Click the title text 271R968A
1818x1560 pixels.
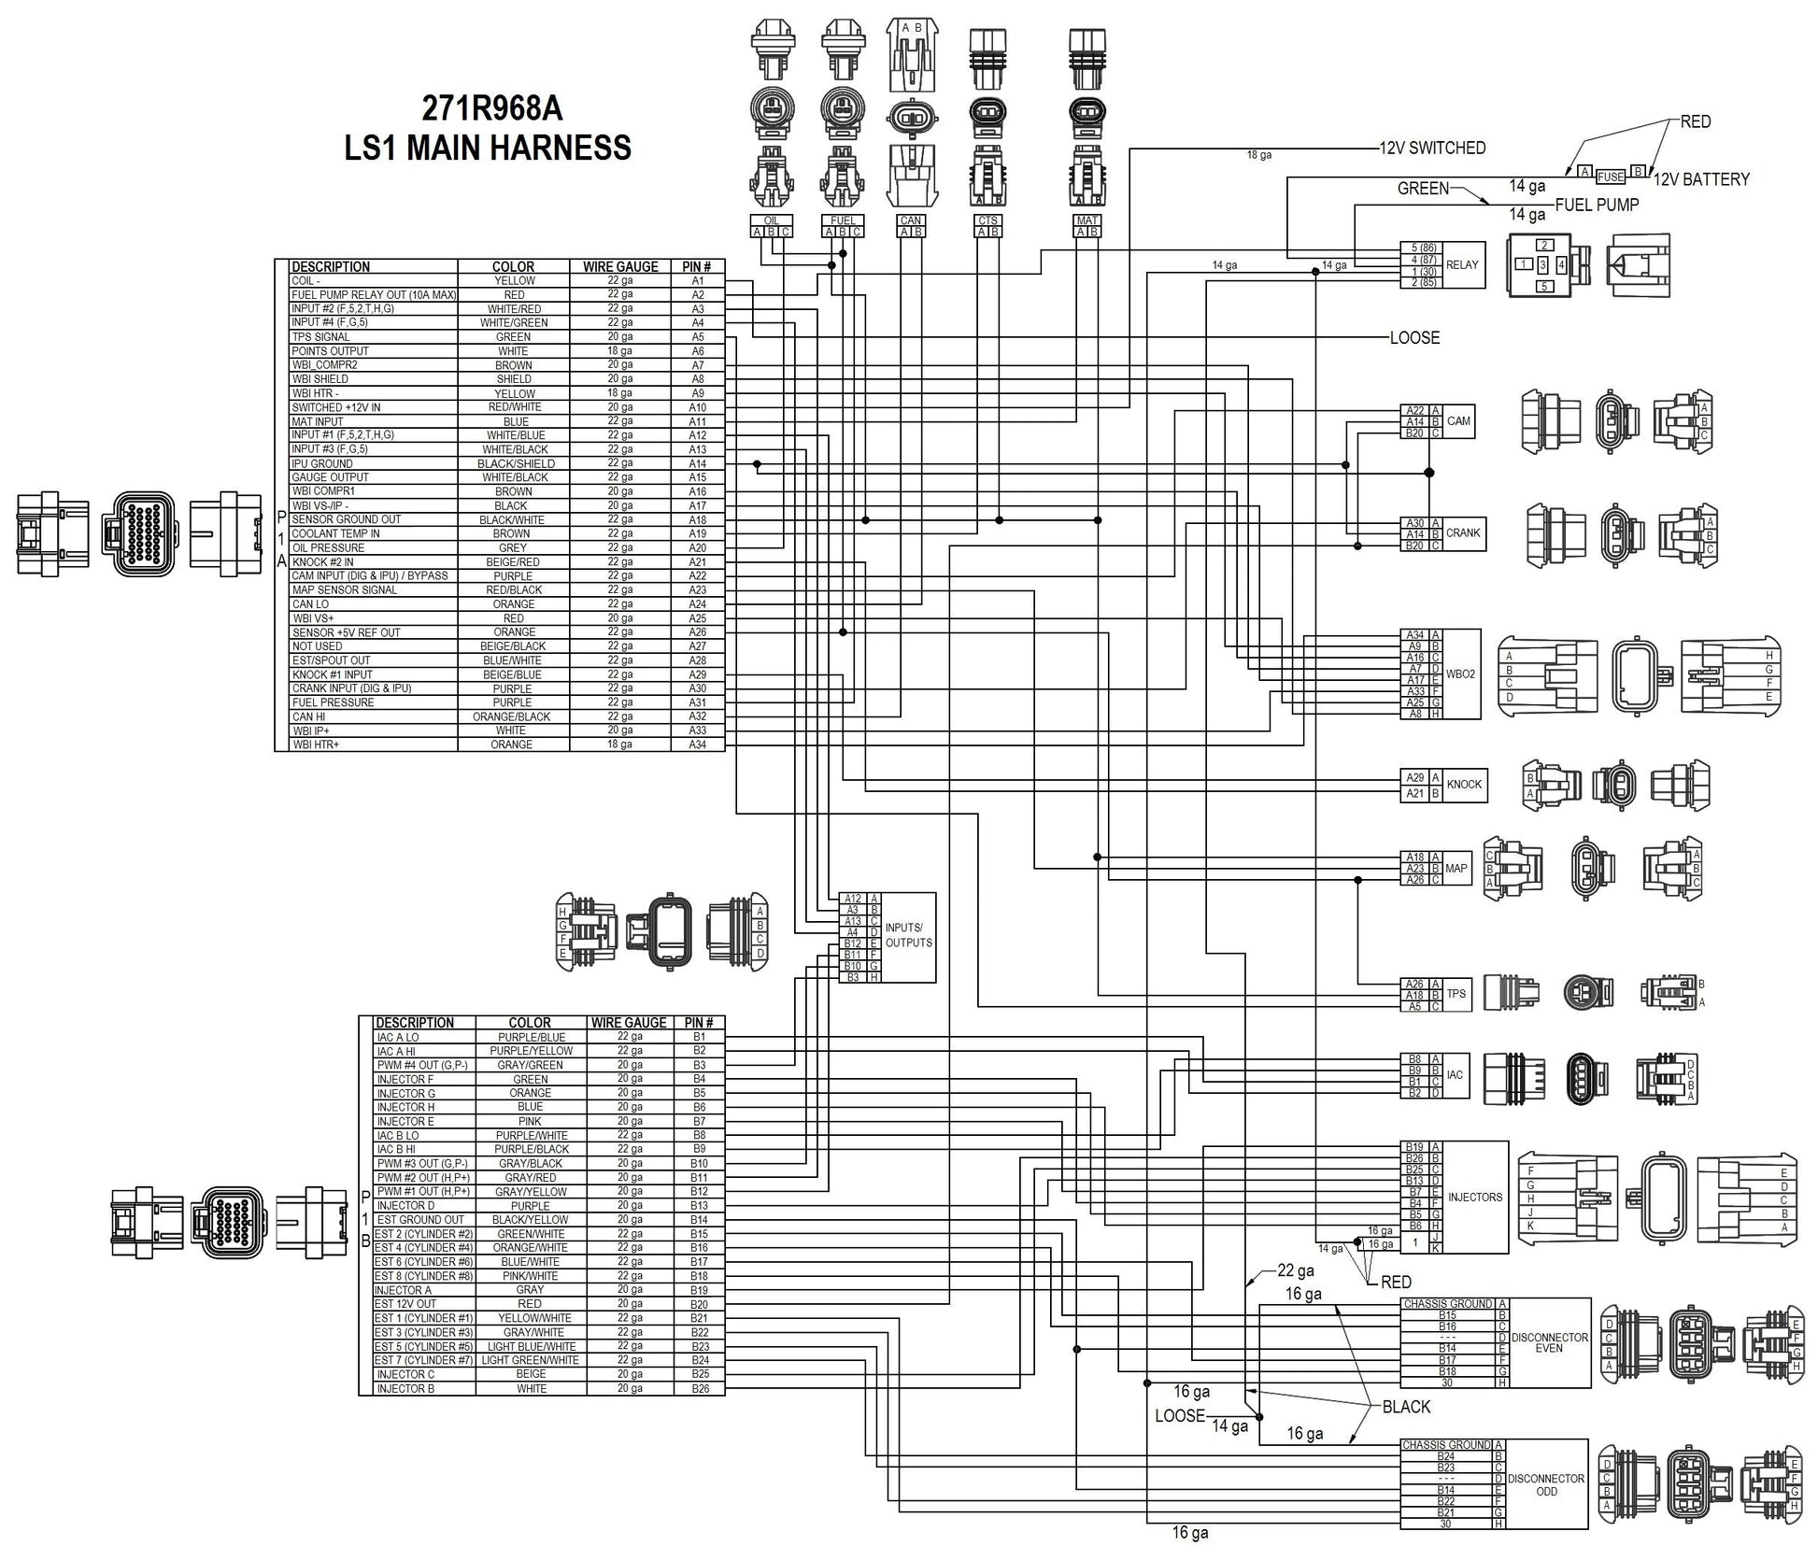click(x=491, y=109)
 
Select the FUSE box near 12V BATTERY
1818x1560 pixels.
click(x=1610, y=177)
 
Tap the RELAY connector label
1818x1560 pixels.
click(x=1462, y=264)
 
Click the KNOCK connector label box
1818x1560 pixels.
click(x=1464, y=785)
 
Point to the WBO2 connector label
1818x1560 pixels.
click(x=1460, y=674)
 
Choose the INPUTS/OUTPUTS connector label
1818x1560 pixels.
click(x=908, y=936)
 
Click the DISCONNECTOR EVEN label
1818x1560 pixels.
click(x=1549, y=1342)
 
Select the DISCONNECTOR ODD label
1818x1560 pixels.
click(x=1546, y=1484)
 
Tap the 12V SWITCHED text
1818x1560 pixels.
click(x=1432, y=148)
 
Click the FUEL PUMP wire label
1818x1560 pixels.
click(x=1597, y=205)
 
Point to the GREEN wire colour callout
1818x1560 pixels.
click(x=1422, y=189)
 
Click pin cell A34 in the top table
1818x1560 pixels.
click(x=697, y=745)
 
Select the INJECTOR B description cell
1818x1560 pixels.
click(x=405, y=1389)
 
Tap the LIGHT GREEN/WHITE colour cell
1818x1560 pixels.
click(x=530, y=1360)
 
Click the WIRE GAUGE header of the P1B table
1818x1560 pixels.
click(x=629, y=1023)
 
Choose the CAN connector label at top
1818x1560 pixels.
click(x=910, y=221)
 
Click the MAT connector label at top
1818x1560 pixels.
click(x=1087, y=221)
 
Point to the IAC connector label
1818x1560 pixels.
click(x=1455, y=1075)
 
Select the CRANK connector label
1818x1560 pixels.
click(x=1463, y=533)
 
